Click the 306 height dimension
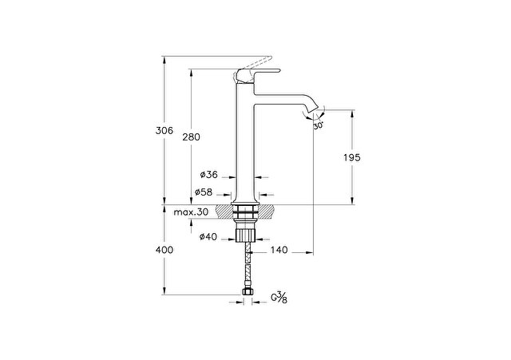(x=164, y=131)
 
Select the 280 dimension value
(x=192, y=137)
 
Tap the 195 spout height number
(x=352, y=158)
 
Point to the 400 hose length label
(x=164, y=250)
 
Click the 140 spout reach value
(x=279, y=250)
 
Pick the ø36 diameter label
(x=209, y=175)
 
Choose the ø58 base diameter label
(x=204, y=192)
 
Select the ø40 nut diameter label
(x=208, y=237)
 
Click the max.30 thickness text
(x=191, y=212)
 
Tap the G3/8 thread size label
(x=279, y=298)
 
